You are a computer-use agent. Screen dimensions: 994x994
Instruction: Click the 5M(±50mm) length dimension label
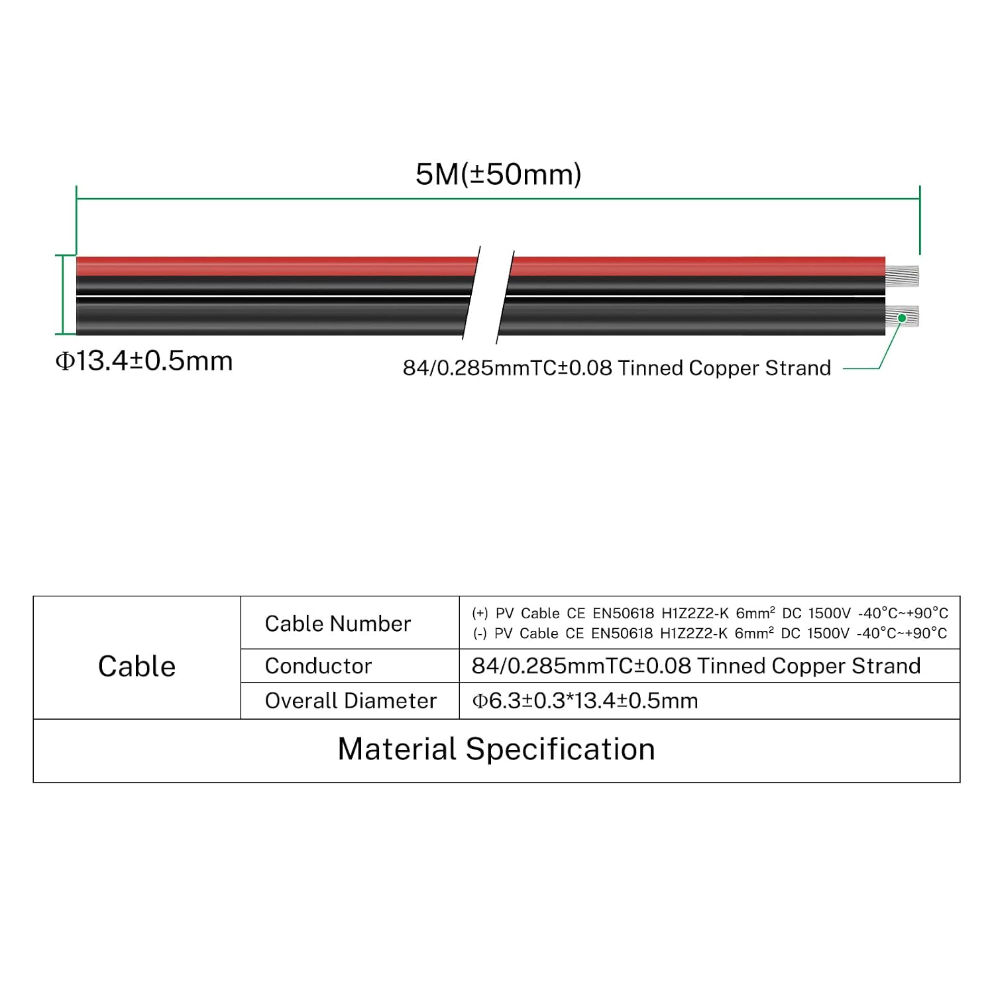(498, 174)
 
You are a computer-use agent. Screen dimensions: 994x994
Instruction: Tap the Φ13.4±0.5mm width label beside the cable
(144, 361)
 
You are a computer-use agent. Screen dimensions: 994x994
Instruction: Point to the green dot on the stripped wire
(902, 318)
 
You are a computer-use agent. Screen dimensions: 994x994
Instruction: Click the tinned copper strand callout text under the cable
(616, 368)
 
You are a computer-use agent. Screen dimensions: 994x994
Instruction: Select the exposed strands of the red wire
(902, 275)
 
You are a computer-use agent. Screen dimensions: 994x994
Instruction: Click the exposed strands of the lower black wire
(902, 317)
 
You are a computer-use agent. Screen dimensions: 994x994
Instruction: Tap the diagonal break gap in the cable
(488, 294)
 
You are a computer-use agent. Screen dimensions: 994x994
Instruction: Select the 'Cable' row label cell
(137, 666)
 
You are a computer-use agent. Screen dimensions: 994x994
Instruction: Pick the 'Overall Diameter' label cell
(351, 700)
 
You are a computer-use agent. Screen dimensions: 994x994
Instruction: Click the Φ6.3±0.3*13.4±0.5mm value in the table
(584, 700)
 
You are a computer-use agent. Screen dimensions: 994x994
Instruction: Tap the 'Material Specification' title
(496, 749)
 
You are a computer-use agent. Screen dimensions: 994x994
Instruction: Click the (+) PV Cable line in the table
(710, 613)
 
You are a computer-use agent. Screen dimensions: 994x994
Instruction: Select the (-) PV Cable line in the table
(710, 633)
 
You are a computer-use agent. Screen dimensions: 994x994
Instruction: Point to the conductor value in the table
(696, 666)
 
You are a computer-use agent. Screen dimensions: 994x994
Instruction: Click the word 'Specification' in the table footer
(561, 749)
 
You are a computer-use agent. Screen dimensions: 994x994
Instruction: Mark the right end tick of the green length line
(920, 220)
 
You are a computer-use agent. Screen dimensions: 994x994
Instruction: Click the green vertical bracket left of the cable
(64, 295)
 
